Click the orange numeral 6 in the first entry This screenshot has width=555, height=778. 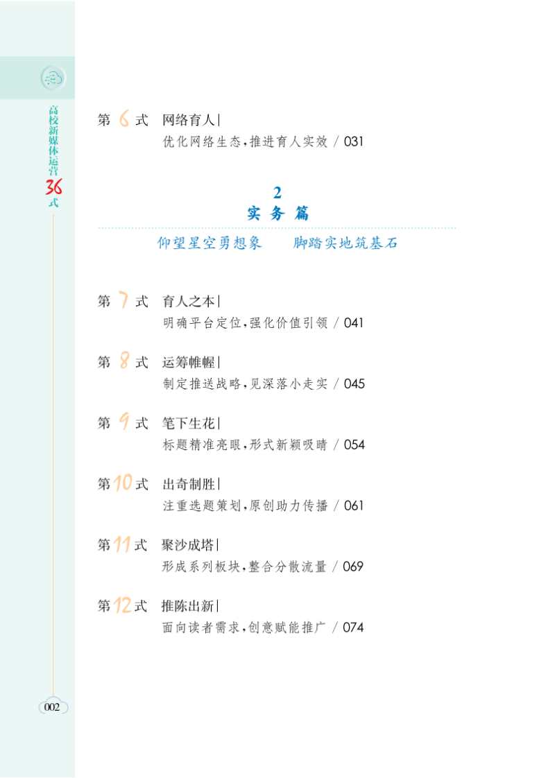coord(124,120)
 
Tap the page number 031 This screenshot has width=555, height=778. coord(353,142)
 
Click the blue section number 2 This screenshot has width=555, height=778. coord(277,193)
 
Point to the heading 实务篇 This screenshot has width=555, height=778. coord(277,214)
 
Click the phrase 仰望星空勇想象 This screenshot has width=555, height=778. coord(210,243)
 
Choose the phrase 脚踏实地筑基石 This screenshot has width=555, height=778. coord(345,243)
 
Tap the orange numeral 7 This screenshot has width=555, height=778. coord(123,301)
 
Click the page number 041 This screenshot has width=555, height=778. coord(353,323)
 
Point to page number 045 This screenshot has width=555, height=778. coord(353,384)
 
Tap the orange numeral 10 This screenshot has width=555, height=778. coord(123,483)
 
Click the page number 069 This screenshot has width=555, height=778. coord(353,567)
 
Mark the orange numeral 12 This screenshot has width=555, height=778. coord(123,605)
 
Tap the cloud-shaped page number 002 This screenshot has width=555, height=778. coord(53,707)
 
